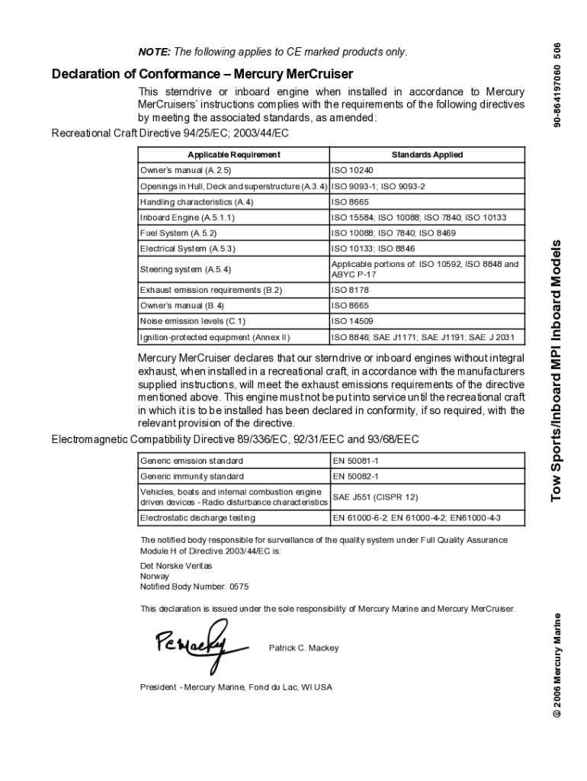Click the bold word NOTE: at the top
coord(155,52)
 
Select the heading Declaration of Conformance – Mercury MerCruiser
coord(202,75)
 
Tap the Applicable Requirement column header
coord(234,155)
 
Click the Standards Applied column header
coord(427,155)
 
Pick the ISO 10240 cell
coord(352,170)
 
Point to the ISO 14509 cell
coord(352,321)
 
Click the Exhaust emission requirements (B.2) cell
coord(211,291)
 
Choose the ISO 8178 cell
coord(349,291)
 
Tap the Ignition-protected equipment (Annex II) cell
coord(215,336)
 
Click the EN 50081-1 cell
coord(355,461)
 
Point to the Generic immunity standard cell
coord(191,476)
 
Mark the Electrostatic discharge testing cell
coord(197,518)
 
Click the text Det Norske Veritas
coord(176,566)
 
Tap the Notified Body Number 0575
coord(194,587)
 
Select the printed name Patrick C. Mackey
coord(303,648)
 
